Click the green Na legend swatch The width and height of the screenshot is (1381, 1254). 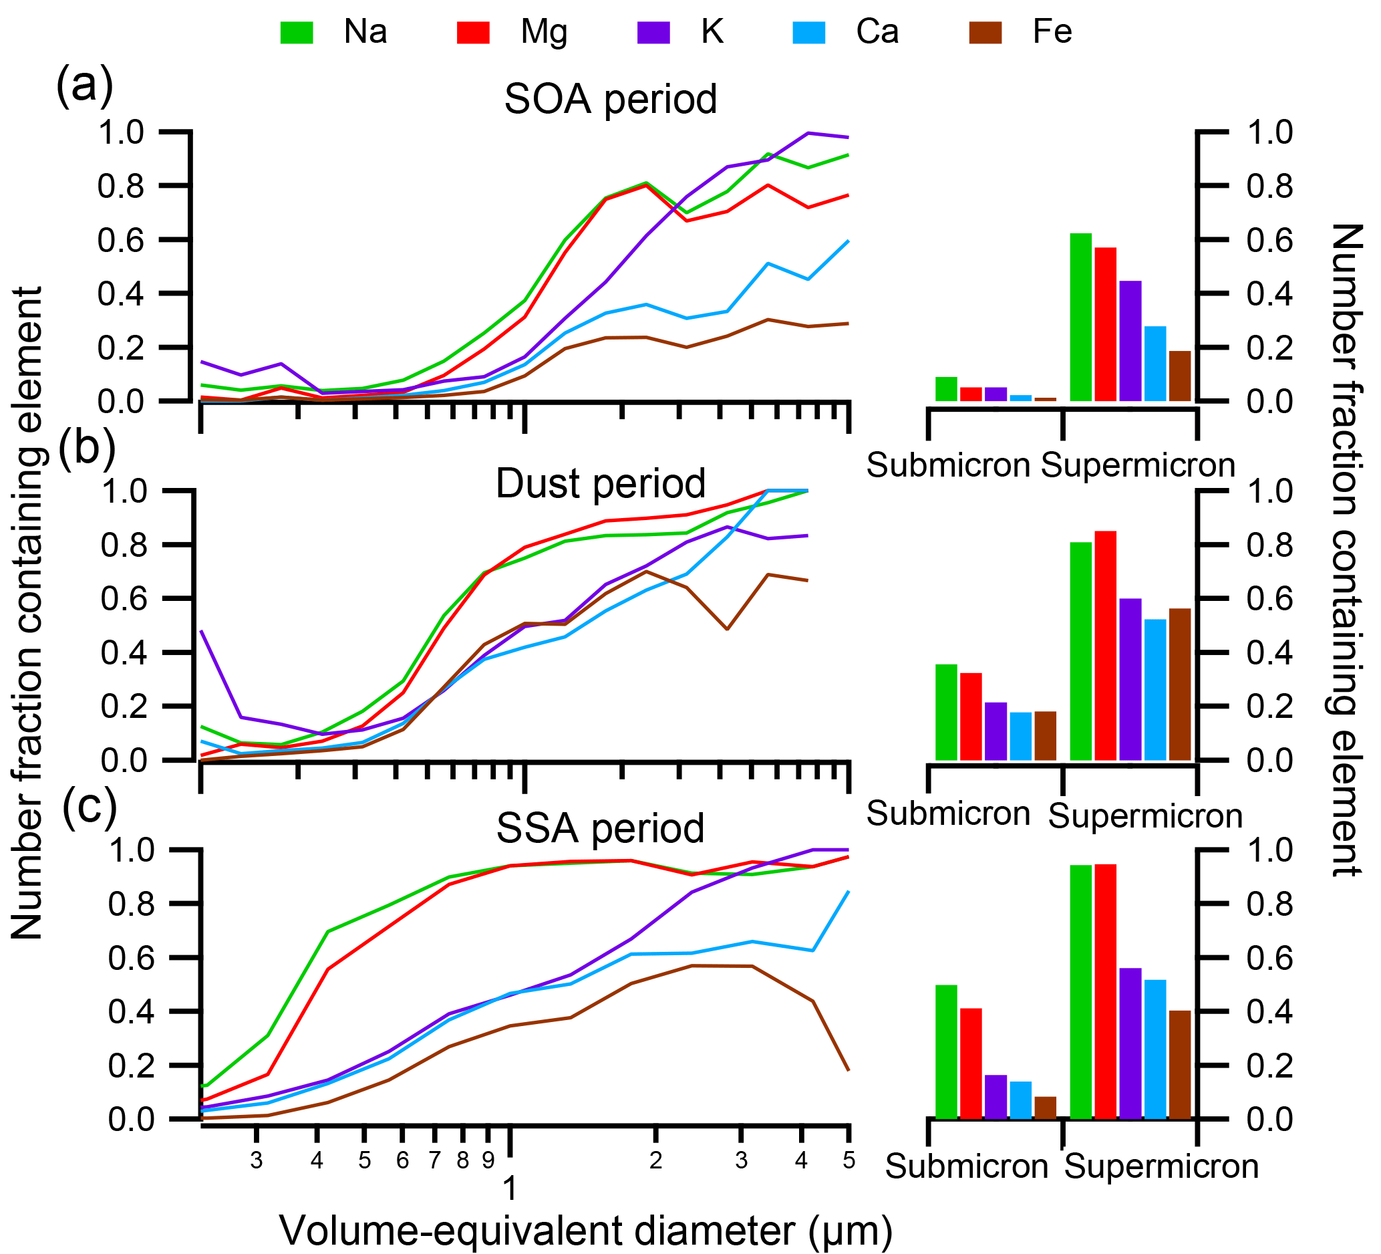pos(297,33)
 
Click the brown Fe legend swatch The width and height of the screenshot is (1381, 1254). pos(985,33)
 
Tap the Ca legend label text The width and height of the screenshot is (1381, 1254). pos(877,31)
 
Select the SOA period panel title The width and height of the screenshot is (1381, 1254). pos(611,100)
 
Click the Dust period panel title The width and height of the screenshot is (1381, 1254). pos(600,484)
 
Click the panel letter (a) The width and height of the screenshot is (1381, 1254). pos(84,86)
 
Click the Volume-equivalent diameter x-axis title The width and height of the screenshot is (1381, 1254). pos(586,1231)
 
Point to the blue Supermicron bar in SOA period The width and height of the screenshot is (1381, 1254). pos(1155,363)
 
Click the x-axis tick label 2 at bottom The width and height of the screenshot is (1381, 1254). pos(655,1161)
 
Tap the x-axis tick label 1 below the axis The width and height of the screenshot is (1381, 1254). pos(510,1189)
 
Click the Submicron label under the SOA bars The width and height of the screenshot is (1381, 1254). pos(948,466)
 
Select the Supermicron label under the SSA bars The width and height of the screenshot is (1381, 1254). pos(1162,1167)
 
